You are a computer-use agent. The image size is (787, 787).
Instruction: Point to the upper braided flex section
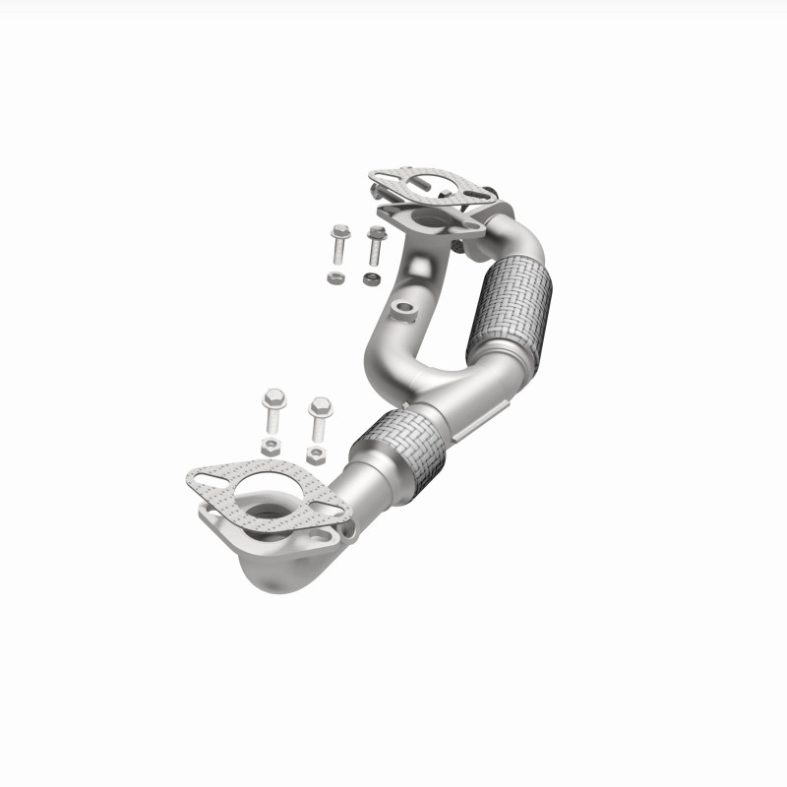(x=509, y=305)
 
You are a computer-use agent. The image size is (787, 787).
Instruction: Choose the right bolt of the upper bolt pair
(x=375, y=246)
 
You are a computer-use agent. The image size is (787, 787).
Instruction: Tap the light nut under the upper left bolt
(x=334, y=278)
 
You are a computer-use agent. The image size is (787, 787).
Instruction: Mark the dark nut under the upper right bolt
(x=371, y=279)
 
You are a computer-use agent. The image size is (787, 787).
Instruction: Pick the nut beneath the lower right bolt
(x=316, y=454)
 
